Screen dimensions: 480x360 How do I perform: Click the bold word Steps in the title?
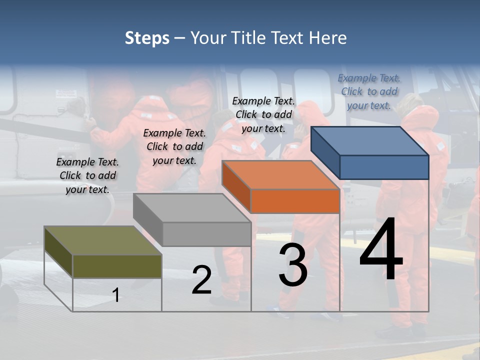point(147,38)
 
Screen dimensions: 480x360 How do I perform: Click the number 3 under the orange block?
point(293,265)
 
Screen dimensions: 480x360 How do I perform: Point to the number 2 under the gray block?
point(201,280)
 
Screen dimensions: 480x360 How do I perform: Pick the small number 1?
point(116,295)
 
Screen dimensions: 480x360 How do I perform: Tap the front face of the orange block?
point(295,201)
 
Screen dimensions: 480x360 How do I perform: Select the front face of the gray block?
point(207,234)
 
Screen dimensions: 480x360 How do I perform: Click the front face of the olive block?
point(117,266)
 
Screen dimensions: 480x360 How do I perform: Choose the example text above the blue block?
point(369,91)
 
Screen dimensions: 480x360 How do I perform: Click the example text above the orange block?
point(264,114)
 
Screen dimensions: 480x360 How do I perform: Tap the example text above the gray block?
point(174,146)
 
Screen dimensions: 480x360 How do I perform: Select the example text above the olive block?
point(87,175)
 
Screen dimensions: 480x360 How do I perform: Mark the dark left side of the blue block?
point(325,152)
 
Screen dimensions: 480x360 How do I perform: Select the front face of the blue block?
point(384,167)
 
